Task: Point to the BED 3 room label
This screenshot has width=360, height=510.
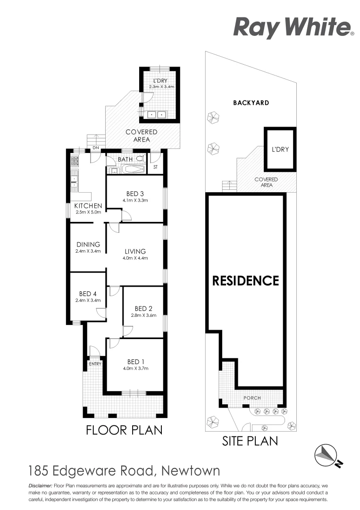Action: (134, 193)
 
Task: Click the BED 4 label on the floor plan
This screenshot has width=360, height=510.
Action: (88, 293)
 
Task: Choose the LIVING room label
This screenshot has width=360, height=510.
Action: (135, 251)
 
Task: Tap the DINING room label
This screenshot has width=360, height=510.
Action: (88, 244)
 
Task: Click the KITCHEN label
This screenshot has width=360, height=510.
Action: (88, 205)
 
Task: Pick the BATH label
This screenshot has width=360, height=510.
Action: (125, 159)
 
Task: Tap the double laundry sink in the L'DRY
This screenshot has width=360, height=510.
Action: (157, 114)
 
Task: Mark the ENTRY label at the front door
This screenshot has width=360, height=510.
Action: (95, 363)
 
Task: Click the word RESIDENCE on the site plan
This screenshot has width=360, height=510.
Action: (245, 281)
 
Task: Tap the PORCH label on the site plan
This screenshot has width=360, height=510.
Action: (252, 398)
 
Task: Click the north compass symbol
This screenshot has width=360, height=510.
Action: (327, 454)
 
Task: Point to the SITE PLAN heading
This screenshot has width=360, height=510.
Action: (250, 441)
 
